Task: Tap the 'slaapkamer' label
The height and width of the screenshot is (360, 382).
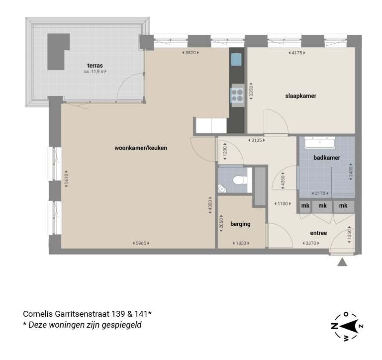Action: [x=301, y=96]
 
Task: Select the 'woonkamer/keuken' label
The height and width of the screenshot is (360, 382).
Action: [x=141, y=148]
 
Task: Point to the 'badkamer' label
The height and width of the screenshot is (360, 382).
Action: [x=327, y=158]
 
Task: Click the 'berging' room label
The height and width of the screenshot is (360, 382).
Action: [x=240, y=224]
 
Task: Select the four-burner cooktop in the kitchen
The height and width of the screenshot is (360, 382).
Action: [x=236, y=95]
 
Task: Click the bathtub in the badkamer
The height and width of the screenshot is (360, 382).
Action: [x=321, y=144]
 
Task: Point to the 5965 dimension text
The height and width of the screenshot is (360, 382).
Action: [x=141, y=243]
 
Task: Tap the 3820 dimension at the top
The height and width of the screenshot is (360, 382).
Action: [x=190, y=53]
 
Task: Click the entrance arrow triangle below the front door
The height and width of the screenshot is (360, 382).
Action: [x=342, y=262]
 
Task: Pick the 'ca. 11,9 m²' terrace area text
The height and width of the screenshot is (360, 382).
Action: [x=95, y=72]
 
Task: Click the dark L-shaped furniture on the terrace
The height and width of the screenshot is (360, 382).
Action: [x=56, y=51]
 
